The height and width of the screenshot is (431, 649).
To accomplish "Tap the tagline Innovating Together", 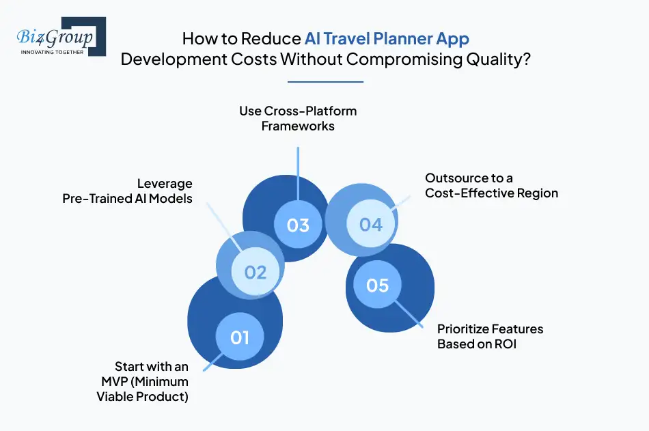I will (53, 51).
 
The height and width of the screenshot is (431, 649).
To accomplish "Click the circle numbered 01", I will (240, 337).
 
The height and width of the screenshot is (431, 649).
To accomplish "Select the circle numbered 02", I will (255, 272).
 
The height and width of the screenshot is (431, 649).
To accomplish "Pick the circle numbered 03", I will (298, 225).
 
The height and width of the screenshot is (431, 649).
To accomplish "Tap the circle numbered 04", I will (371, 224).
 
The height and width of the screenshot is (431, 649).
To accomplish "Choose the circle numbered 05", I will (377, 285).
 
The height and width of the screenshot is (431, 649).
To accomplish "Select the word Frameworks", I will (298, 126).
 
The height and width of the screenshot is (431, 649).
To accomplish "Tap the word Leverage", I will (165, 184).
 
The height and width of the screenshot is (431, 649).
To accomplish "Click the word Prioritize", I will (462, 329).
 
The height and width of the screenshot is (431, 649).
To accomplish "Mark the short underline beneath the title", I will (325, 82).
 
